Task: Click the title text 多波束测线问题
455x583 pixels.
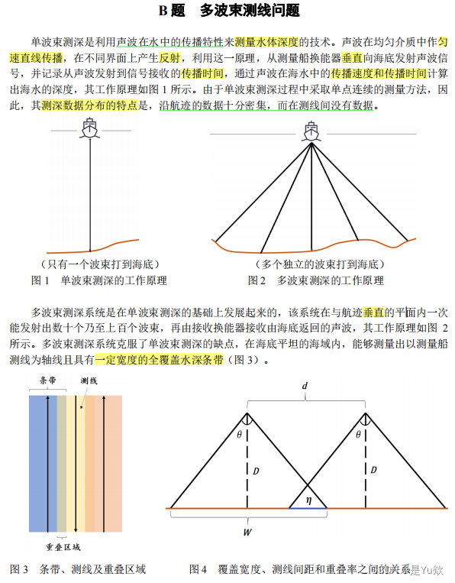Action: (x=249, y=11)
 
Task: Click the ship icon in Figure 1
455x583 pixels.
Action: (x=89, y=127)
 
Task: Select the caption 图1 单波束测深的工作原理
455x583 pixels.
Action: (x=100, y=281)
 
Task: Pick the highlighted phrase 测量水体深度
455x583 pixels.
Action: (x=266, y=43)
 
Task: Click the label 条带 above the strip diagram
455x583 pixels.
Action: (x=47, y=380)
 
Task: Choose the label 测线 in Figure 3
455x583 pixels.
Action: (x=89, y=380)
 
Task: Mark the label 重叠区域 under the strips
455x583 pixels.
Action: (x=63, y=547)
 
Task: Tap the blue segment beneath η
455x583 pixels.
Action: (x=308, y=507)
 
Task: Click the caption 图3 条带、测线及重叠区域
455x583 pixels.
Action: (x=78, y=569)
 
